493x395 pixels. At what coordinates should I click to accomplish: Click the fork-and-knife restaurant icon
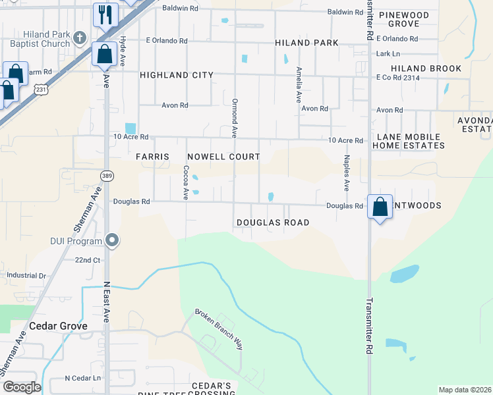(105, 14)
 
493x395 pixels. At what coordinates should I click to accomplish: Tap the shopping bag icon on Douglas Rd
(380, 207)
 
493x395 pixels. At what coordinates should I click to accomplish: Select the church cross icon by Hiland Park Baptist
(80, 37)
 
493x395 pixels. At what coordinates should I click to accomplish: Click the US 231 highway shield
(42, 88)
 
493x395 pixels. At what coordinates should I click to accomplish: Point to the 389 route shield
(106, 176)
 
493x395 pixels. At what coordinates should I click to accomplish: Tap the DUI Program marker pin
(113, 240)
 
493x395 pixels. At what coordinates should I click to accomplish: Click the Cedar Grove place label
(55, 326)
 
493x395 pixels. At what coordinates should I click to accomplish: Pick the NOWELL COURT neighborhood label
(223, 157)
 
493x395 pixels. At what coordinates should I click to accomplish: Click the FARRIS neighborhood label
(152, 157)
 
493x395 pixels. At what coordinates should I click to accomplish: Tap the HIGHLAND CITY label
(177, 75)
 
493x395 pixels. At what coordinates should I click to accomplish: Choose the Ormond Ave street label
(234, 118)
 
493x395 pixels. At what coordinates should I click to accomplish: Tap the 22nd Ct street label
(87, 260)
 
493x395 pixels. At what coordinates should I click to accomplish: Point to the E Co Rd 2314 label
(397, 78)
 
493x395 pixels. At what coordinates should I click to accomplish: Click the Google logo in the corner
(22, 386)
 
